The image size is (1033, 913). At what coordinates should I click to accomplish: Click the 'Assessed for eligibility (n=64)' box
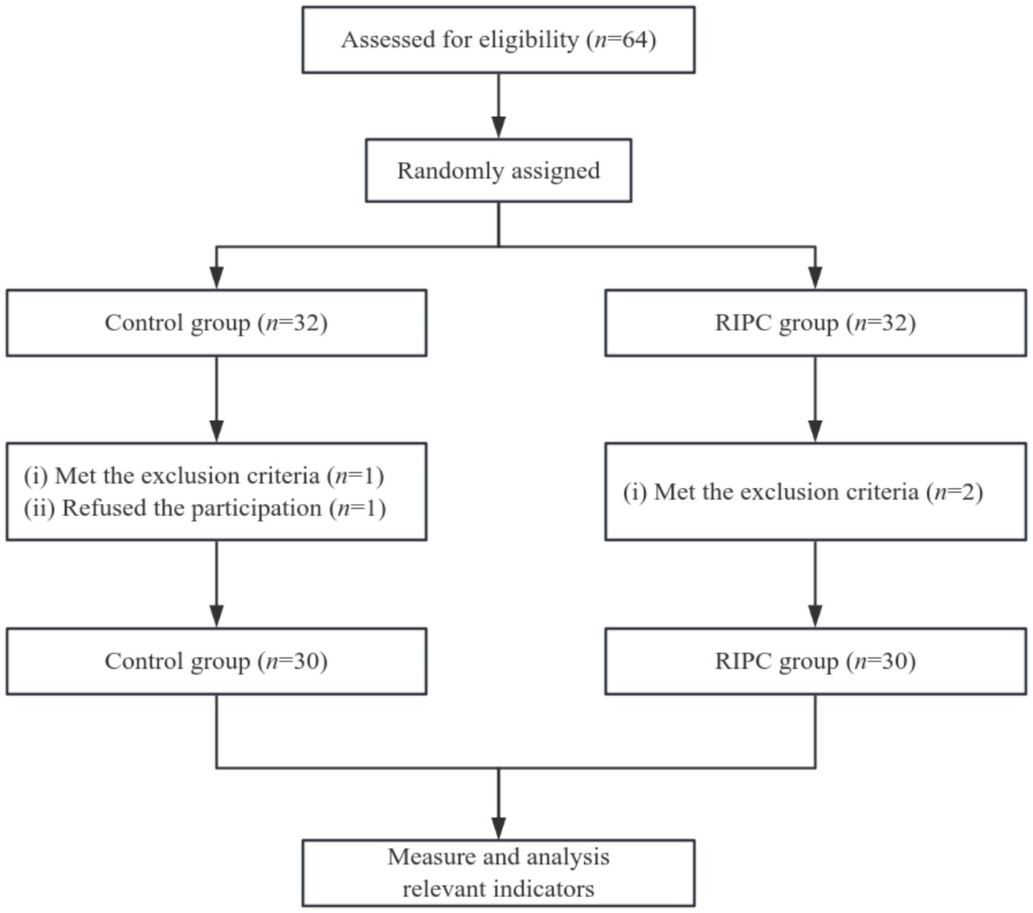click(498, 40)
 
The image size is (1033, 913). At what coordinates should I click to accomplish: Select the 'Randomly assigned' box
click(498, 171)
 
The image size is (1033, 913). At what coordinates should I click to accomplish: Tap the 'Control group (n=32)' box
click(216, 323)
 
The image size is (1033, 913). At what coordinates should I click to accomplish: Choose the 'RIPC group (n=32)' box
click(815, 323)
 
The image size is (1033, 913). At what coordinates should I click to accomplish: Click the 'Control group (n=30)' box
click(216, 661)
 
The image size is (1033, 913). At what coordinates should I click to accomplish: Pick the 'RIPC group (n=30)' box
click(815, 661)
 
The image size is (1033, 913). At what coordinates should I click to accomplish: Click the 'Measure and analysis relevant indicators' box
click(498, 873)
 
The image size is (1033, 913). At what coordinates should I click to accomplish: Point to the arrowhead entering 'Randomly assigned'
click(498, 127)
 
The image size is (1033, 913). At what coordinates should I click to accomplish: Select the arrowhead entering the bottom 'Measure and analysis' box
click(498, 828)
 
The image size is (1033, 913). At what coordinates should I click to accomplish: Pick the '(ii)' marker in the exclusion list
click(39, 508)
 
